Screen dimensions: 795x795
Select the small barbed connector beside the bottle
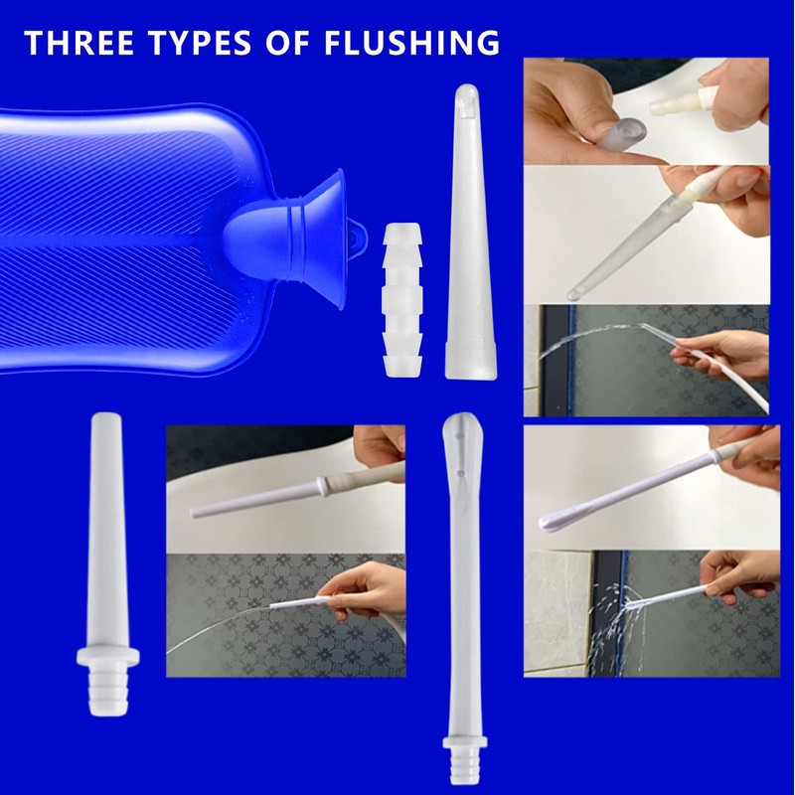403,298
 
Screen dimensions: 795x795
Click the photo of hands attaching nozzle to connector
646,111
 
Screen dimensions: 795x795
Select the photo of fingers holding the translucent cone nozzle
646,235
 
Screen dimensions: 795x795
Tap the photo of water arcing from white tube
646,361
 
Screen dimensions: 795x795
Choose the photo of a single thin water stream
285,615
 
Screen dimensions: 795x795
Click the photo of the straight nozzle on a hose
285,489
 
